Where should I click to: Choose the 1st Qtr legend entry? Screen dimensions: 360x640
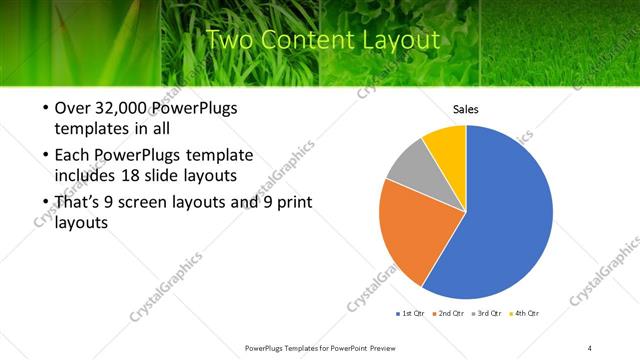point(410,313)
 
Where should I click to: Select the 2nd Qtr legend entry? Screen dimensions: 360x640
point(448,313)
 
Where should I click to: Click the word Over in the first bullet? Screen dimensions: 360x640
point(72,109)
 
